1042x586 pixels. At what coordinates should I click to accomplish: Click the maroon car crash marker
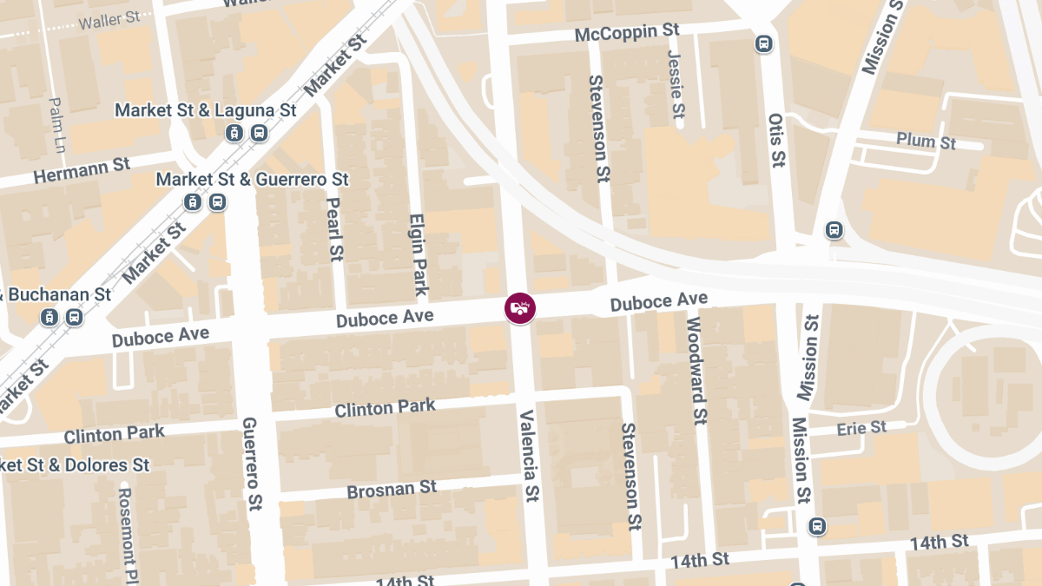[x=520, y=308]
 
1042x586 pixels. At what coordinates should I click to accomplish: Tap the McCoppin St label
[x=627, y=32]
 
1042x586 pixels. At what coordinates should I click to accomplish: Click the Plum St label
[x=927, y=141]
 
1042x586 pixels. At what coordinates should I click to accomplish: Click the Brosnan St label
[x=392, y=490]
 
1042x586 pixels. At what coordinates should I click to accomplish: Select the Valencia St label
[x=528, y=456]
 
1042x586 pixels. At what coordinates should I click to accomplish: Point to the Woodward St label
[x=696, y=370]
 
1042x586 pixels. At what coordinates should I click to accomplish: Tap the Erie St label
[x=861, y=428]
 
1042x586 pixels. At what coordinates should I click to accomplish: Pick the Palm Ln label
[x=57, y=123]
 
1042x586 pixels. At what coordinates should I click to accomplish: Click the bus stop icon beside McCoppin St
[x=764, y=43]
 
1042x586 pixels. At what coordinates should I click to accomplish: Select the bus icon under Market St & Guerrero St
[x=217, y=202]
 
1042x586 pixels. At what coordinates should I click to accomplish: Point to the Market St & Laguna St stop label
[x=206, y=111]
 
